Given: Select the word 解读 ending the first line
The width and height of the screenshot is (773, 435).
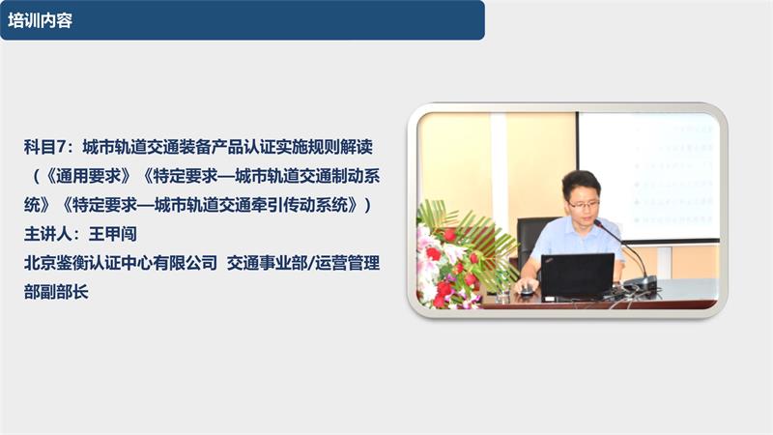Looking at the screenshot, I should [357, 148].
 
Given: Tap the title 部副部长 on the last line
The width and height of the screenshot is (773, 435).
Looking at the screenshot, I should [56, 291].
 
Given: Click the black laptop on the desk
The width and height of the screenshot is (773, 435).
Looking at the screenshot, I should [576, 275].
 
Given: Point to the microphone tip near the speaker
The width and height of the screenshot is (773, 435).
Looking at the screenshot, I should [598, 223].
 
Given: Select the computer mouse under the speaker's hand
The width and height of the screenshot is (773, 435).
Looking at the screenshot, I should [527, 289].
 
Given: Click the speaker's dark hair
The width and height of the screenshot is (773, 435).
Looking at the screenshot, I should [582, 181].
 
